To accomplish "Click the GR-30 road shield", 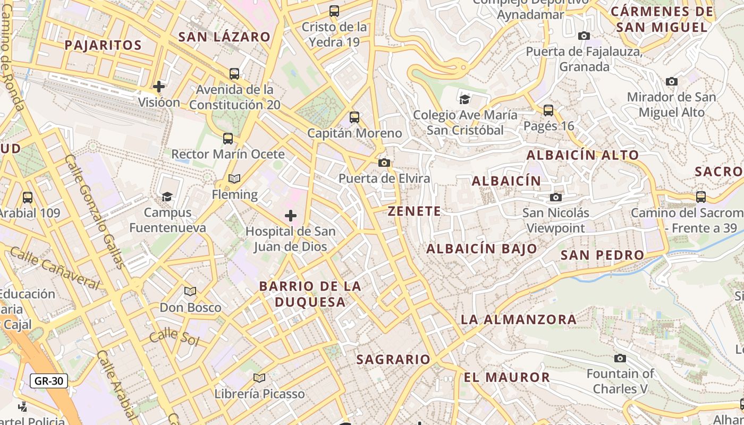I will coord(48,380).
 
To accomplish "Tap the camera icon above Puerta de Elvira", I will coord(384,163).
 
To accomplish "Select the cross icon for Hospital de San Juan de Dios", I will coord(291,215).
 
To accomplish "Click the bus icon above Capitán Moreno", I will coord(354,117).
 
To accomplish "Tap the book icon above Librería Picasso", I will coord(259,378).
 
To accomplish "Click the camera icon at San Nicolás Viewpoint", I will coord(556,198).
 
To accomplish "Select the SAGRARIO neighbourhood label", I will coord(393,360).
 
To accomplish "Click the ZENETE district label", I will coord(415,211).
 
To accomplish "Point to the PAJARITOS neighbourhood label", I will coord(103,45).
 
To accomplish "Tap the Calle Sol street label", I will coord(174,337).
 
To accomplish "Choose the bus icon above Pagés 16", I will coord(548,110).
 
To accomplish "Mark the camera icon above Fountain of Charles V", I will coord(620,358).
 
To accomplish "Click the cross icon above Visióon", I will coord(158,86).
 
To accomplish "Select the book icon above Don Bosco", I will coord(190,291).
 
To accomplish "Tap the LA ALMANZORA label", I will coord(518,319).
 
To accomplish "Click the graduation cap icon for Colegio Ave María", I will coord(465,99).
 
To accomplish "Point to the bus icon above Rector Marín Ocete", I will coord(228,139).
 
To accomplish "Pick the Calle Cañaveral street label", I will coord(55,268).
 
